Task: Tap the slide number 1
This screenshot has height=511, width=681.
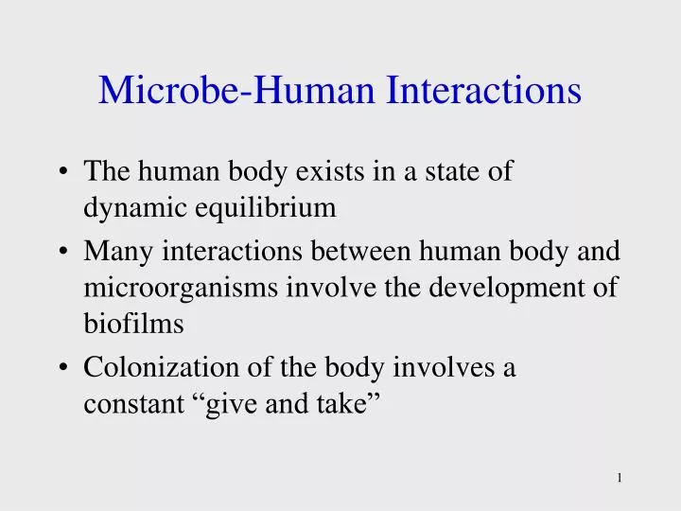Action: coord(619,478)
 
